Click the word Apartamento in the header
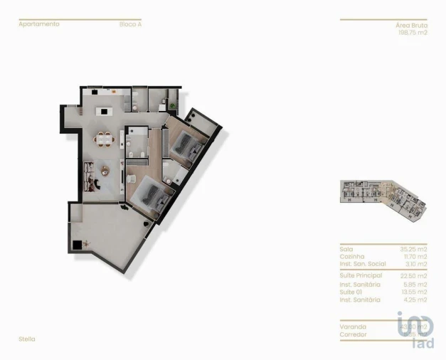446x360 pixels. pyautogui.click(x=39, y=24)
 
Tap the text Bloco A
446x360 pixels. pyautogui.click(x=130, y=24)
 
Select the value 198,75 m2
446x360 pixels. pyautogui.click(x=411, y=32)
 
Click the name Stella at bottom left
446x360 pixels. pyautogui.click(x=27, y=339)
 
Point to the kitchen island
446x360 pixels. pyautogui.click(x=106, y=111)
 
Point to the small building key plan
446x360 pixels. pyautogui.click(x=383, y=193)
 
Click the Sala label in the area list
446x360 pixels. pyautogui.click(x=346, y=249)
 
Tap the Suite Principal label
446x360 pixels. pyautogui.click(x=361, y=275)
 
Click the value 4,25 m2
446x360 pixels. pyautogui.click(x=415, y=300)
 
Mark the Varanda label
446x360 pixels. pyautogui.click(x=352, y=327)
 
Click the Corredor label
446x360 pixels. pyautogui.click(x=354, y=334)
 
